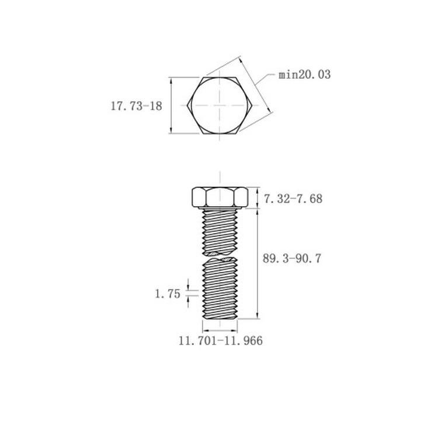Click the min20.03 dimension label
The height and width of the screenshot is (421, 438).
(304, 75)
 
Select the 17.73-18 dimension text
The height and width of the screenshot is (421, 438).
(136, 106)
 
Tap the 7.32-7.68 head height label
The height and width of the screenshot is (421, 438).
(293, 199)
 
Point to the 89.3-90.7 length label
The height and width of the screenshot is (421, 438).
(292, 259)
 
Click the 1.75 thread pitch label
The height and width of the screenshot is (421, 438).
(168, 294)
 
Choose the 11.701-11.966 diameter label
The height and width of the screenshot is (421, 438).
(221, 341)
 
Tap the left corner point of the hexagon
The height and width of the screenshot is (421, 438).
(187, 105)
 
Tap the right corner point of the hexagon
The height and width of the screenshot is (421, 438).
(252, 105)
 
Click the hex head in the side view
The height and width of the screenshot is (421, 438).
(220, 197)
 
